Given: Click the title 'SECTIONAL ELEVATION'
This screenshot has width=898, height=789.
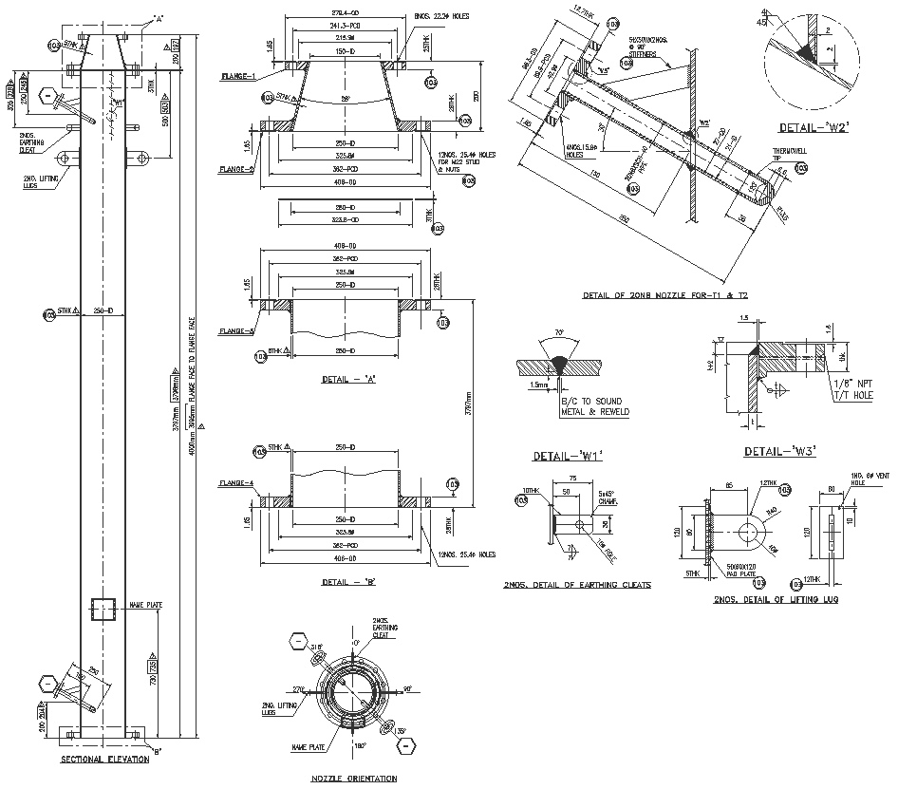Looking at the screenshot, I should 104,760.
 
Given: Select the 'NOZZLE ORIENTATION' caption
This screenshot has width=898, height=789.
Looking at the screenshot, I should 353,779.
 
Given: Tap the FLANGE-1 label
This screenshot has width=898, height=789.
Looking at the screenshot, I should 238,74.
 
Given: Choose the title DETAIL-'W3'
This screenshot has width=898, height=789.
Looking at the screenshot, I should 780,451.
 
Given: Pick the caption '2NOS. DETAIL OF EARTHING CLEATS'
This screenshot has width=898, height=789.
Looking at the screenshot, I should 577,585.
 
